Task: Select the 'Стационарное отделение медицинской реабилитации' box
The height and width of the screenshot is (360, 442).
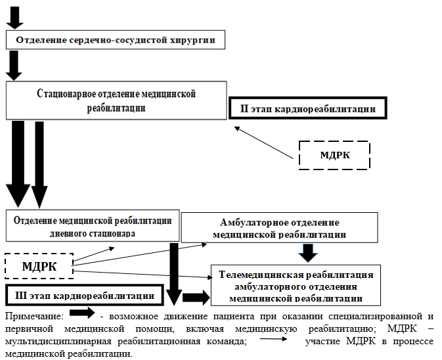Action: pos(117,101)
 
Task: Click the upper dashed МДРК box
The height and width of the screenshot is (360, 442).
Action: pos(334,156)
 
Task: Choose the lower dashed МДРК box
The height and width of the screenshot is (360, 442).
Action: pos(39,267)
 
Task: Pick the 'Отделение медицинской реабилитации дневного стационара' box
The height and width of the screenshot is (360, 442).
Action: pos(93,226)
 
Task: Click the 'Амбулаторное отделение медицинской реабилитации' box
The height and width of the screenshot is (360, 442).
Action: pos(280,227)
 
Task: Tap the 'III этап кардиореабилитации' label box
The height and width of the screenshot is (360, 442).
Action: pos(85,296)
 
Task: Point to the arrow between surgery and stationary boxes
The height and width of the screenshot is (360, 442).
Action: pos(15,65)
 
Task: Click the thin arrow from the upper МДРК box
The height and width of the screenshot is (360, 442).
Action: pos(263,142)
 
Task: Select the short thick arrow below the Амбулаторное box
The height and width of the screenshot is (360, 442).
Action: pos(307,252)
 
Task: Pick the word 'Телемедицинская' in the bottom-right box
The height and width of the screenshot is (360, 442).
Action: pos(259,274)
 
